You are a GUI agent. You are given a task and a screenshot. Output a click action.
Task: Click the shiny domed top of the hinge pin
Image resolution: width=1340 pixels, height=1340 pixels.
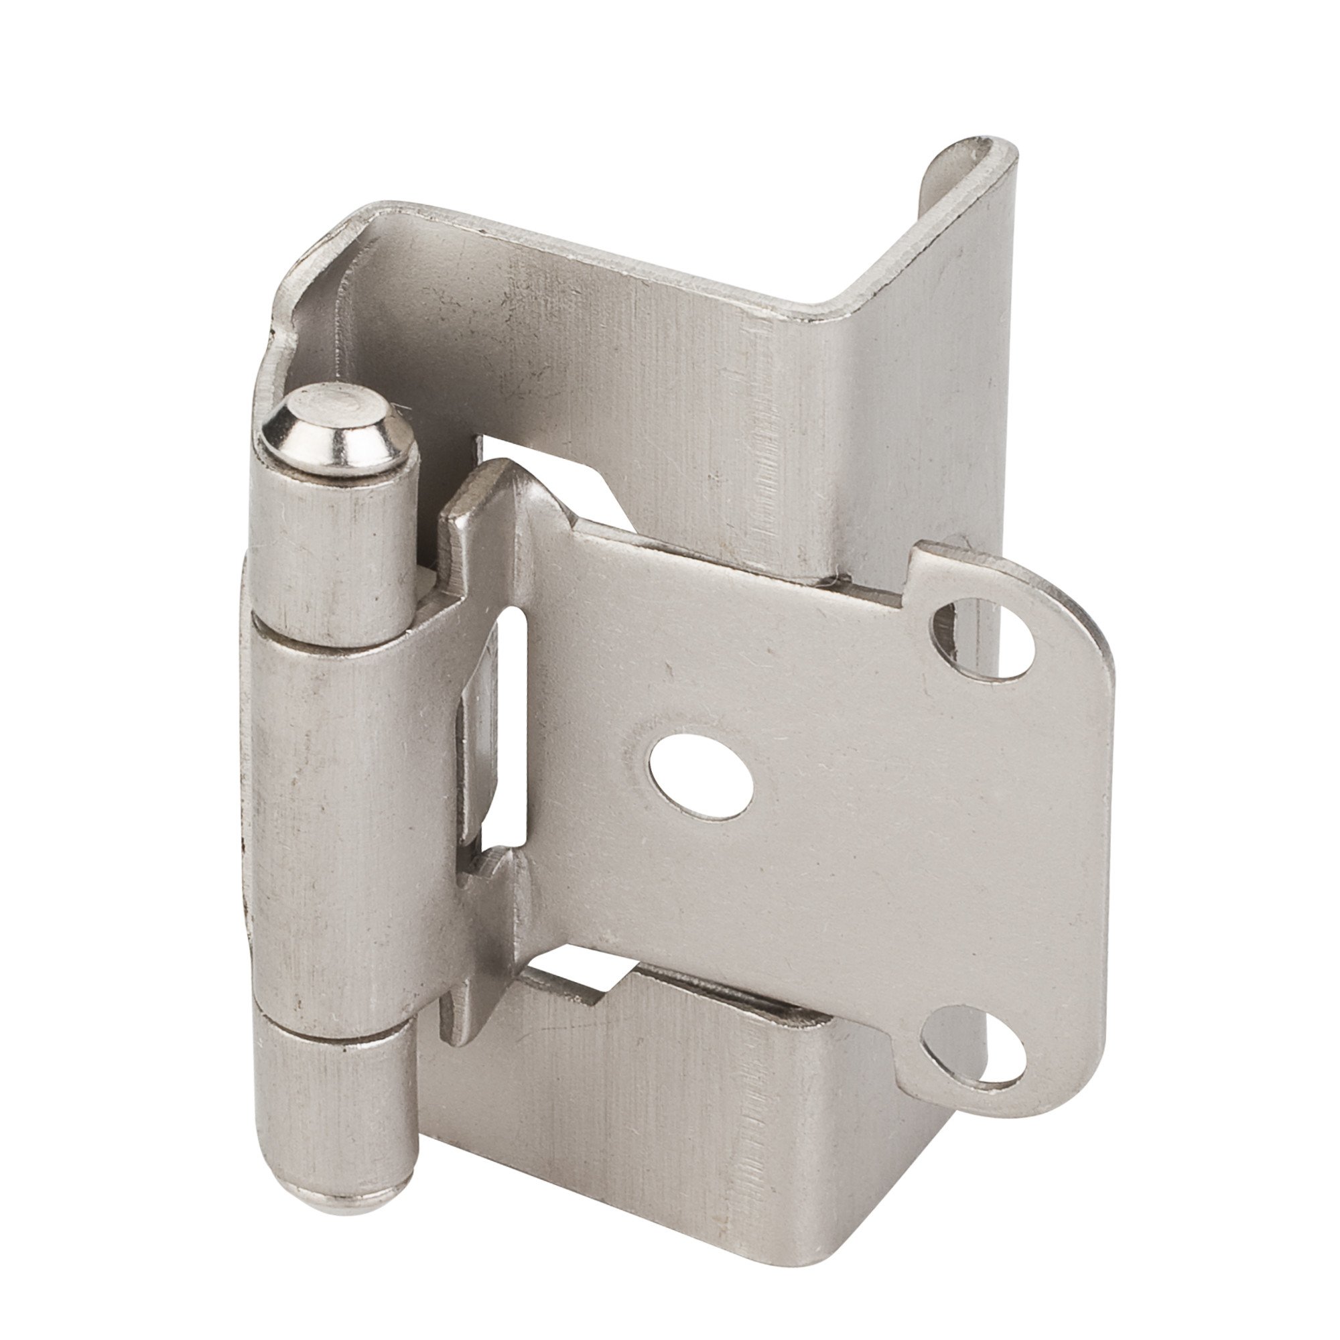click(x=332, y=425)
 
